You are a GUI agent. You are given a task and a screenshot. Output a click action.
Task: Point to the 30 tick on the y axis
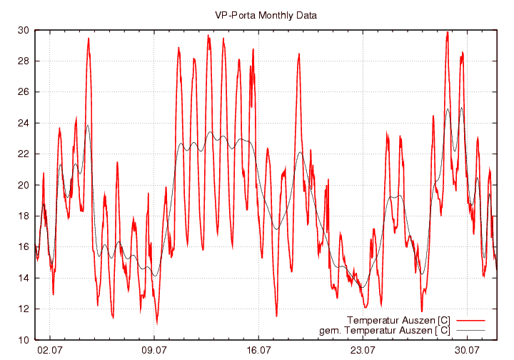(23, 30)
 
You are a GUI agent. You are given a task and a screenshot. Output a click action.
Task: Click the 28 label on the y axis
(23, 61)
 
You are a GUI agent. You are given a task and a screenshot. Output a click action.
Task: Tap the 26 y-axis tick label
(23, 92)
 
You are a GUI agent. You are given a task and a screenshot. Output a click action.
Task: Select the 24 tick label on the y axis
(23, 123)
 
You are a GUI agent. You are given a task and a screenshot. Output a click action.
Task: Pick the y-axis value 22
(23, 154)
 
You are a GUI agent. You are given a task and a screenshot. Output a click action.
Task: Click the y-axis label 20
(23, 185)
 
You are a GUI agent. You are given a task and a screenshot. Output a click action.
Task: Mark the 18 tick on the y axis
(23, 216)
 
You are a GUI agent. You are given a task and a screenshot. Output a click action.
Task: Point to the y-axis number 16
(23, 246)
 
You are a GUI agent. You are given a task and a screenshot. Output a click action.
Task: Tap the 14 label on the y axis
(23, 278)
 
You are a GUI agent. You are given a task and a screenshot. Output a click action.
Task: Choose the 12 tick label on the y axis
(23, 309)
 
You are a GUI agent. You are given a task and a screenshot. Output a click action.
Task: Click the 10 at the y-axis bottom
(23, 339)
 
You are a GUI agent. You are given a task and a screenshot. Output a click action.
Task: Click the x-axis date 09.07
(155, 350)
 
